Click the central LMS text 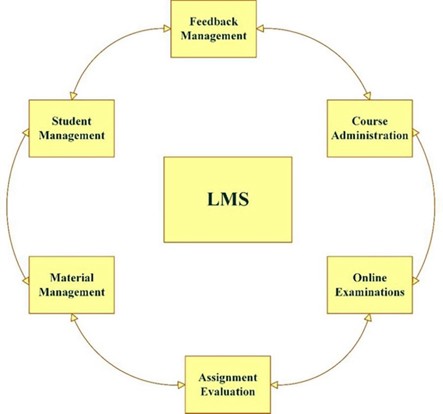click(x=228, y=199)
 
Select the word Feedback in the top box click(x=214, y=22)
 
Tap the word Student click(x=72, y=121)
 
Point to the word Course click(x=369, y=121)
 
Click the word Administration click(x=369, y=135)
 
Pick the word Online click(x=369, y=278)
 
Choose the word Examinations click(x=369, y=292)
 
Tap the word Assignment click(x=228, y=378)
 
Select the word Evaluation click(x=228, y=392)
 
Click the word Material click(x=72, y=278)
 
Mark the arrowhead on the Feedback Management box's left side click(x=167, y=28)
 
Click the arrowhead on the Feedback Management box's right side click(x=260, y=28)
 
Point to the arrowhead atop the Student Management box click(x=73, y=96)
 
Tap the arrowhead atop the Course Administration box click(x=367, y=96)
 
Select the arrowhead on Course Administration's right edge click(x=416, y=133)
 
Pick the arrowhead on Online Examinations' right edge click(x=416, y=280)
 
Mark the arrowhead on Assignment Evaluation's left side click(x=181, y=385)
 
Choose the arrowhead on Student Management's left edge click(x=26, y=133)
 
